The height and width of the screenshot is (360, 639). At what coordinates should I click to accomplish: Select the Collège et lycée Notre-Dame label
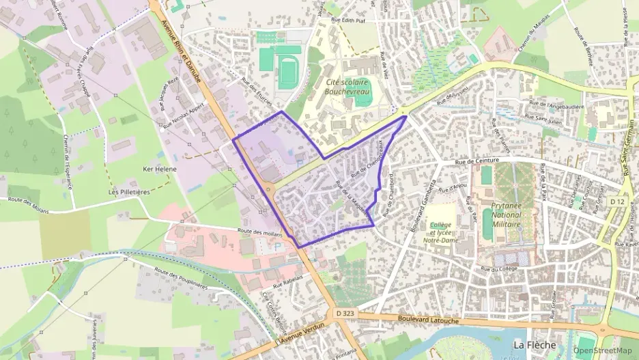click(440, 232)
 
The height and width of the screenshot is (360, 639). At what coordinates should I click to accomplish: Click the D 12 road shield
click(618, 202)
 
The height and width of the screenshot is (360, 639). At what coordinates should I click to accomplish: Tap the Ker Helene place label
click(160, 169)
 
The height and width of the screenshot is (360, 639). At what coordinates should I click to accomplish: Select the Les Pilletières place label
click(129, 192)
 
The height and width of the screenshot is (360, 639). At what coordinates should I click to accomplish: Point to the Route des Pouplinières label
click(182, 280)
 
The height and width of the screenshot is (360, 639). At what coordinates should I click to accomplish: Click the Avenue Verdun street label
click(301, 332)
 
